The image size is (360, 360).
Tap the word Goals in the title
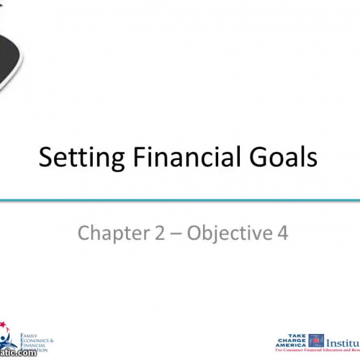point(282,157)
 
